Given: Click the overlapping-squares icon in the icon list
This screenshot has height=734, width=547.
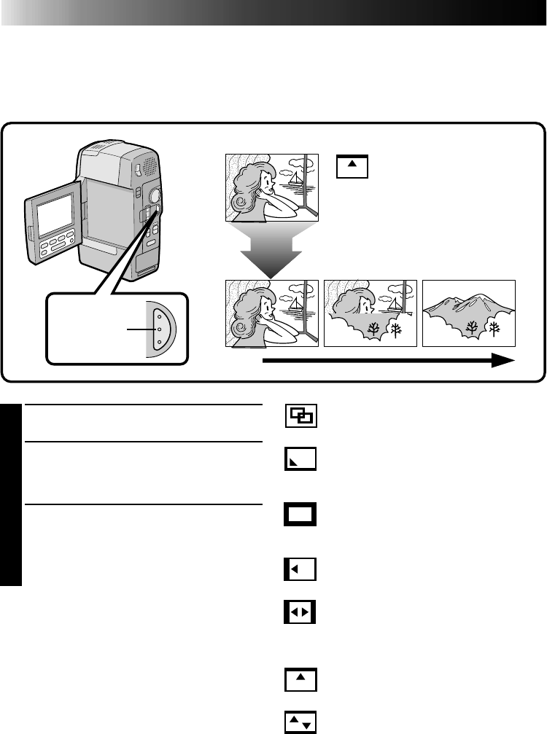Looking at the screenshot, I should (300, 417).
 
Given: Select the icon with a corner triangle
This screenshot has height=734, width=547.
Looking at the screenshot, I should (300, 460).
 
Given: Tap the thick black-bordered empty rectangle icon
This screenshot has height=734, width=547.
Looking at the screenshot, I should (300, 515).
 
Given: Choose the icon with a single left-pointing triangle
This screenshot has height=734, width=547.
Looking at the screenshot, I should (300, 569).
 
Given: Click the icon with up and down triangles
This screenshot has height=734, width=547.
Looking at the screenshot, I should (300, 722).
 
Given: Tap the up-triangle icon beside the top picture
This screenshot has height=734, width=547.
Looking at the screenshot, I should (353, 166).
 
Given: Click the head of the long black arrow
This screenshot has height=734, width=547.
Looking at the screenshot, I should (503, 360).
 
